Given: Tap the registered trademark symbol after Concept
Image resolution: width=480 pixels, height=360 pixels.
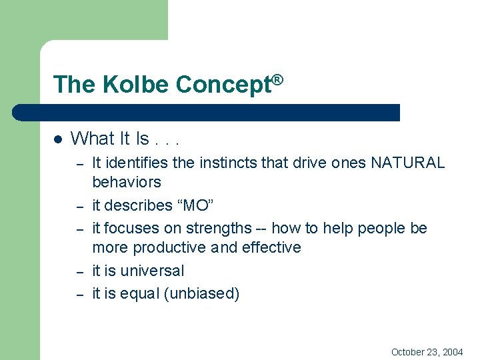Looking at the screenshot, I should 278,79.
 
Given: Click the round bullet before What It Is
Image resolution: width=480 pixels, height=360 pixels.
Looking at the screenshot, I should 58,139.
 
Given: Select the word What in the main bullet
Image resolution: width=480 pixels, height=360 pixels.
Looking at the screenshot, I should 92,139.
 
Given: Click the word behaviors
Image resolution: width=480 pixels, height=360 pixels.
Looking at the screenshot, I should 127,182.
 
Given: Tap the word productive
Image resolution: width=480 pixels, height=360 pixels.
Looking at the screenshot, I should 171,247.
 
